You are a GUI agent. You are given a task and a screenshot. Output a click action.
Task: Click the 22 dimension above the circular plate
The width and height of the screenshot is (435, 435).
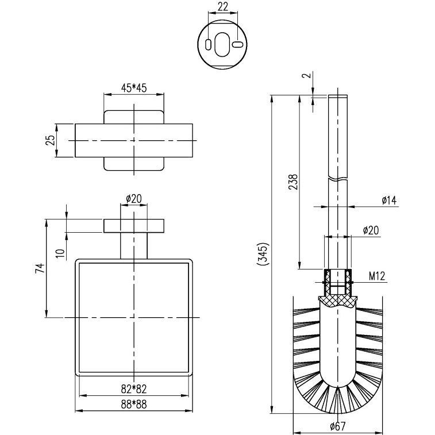click(222, 6)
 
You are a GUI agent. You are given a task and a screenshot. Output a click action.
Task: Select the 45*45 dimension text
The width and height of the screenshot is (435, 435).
click(134, 88)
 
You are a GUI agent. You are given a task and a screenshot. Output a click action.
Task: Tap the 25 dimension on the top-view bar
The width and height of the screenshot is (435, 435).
click(50, 140)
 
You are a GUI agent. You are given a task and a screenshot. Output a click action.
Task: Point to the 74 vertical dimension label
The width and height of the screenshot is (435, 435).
click(40, 268)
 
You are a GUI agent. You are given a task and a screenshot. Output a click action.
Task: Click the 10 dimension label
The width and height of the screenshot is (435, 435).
click(60, 253)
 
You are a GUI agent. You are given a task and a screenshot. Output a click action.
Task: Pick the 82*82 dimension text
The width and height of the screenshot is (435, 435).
click(134, 389)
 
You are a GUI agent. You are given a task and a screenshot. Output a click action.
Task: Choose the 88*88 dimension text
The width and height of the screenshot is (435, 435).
click(134, 405)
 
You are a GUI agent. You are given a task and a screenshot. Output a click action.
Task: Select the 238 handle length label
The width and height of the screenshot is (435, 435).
click(293, 182)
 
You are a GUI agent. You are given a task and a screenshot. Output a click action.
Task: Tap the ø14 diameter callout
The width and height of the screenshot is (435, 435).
click(389, 200)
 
